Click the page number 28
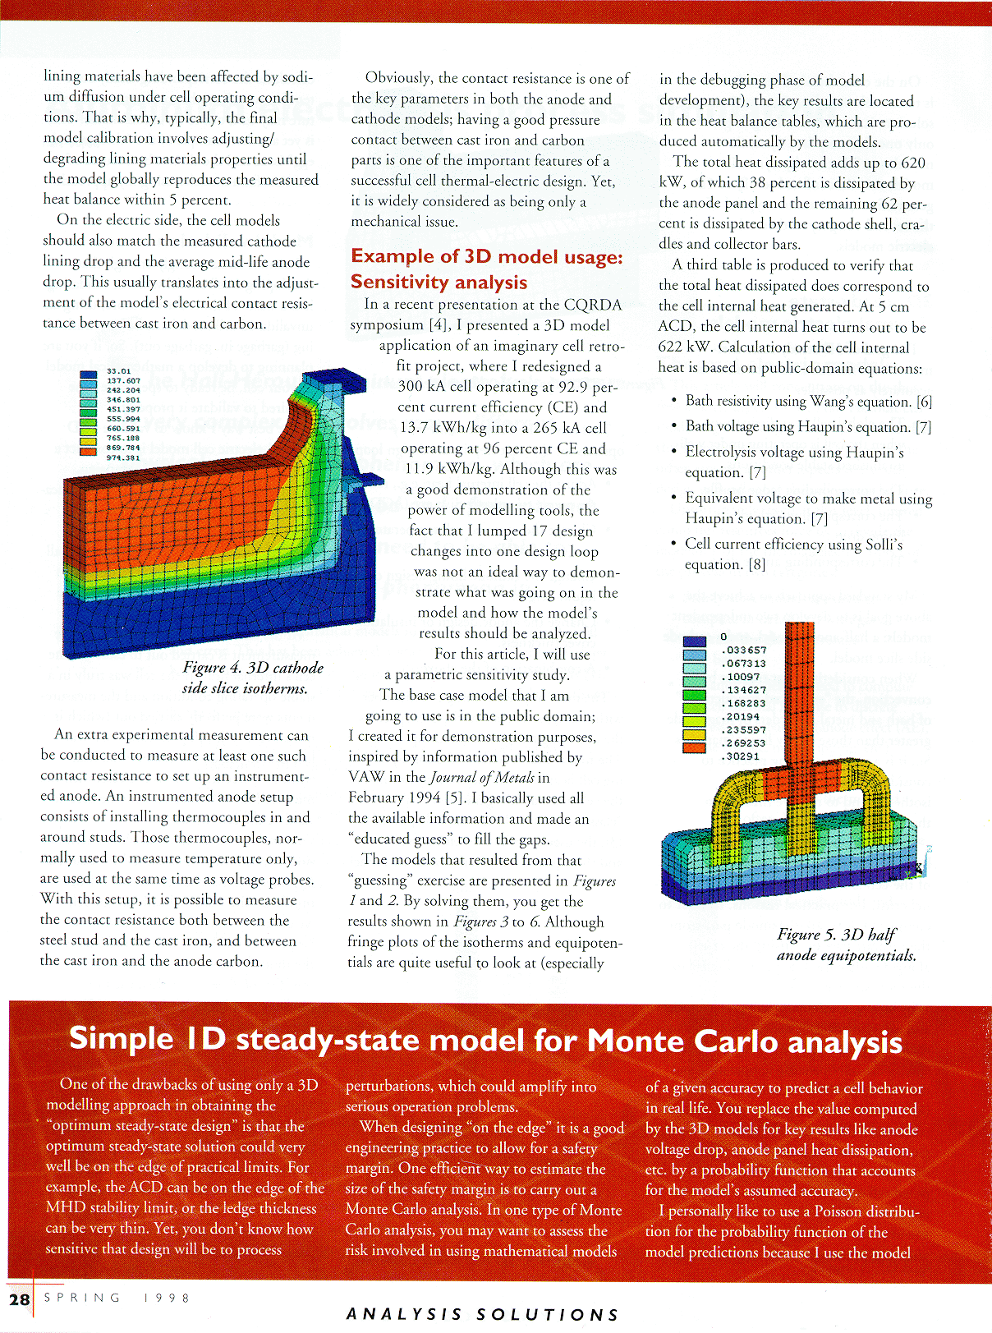coord(19,1299)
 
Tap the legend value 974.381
coord(123,458)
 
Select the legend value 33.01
coord(119,371)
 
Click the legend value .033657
coord(743,650)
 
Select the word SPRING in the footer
coord(82,1298)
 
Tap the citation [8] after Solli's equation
coord(756,564)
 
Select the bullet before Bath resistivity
coord(673,401)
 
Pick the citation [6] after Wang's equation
coord(924,402)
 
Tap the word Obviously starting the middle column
coord(399,78)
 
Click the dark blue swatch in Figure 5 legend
coord(694,641)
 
